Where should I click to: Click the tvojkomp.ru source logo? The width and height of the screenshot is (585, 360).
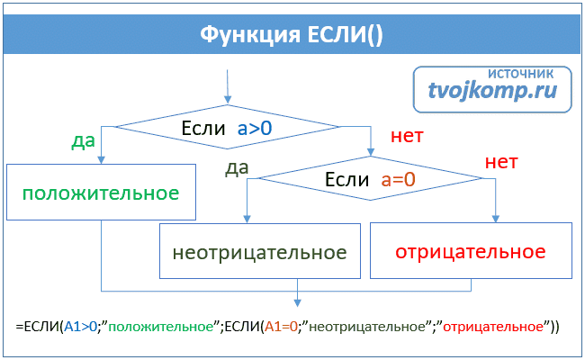(x=493, y=89)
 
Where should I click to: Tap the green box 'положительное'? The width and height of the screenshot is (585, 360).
(x=101, y=193)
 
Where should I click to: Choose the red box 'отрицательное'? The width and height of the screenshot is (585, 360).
(x=470, y=249)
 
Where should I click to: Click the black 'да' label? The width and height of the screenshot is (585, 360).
(x=238, y=167)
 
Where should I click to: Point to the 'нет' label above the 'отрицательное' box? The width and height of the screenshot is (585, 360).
(x=501, y=163)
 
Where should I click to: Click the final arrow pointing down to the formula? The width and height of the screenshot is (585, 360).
(x=298, y=301)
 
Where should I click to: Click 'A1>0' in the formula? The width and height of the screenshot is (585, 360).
(x=77, y=327)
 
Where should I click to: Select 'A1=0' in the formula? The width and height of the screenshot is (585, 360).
(x=279, y=327)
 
